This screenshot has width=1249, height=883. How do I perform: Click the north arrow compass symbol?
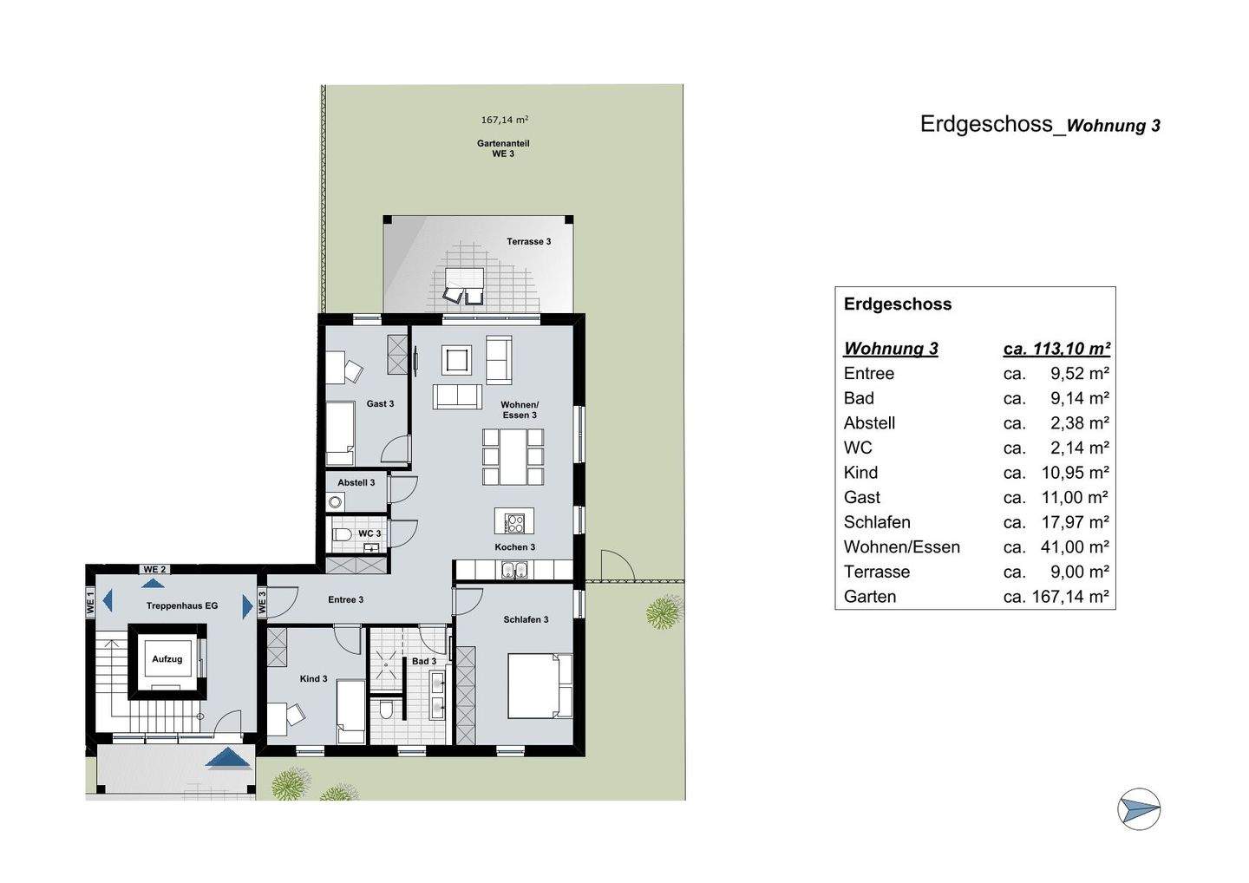(1139, 809)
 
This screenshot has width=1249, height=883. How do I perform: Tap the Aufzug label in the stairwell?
(167, 659)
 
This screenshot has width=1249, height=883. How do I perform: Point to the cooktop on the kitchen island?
(514, 522)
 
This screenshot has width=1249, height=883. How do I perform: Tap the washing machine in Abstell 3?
(335, 501)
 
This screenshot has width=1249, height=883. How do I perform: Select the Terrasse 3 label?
(528, 241)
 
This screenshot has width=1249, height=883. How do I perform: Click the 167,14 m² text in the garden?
(505, 121)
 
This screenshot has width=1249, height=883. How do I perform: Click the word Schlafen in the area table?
(877, 522)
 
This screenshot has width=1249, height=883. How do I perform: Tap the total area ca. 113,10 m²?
(1056, 349)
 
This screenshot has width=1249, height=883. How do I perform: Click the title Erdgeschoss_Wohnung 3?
(1040, 125)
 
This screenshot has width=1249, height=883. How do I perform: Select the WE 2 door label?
(155, 569)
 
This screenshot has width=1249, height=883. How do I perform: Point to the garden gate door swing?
(618, 566)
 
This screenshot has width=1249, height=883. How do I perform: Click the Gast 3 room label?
(380, 404)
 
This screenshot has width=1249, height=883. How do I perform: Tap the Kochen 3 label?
(514, 547)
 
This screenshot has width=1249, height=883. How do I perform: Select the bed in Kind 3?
(350, 711)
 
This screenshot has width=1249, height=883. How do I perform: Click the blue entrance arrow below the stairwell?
(229, 758)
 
